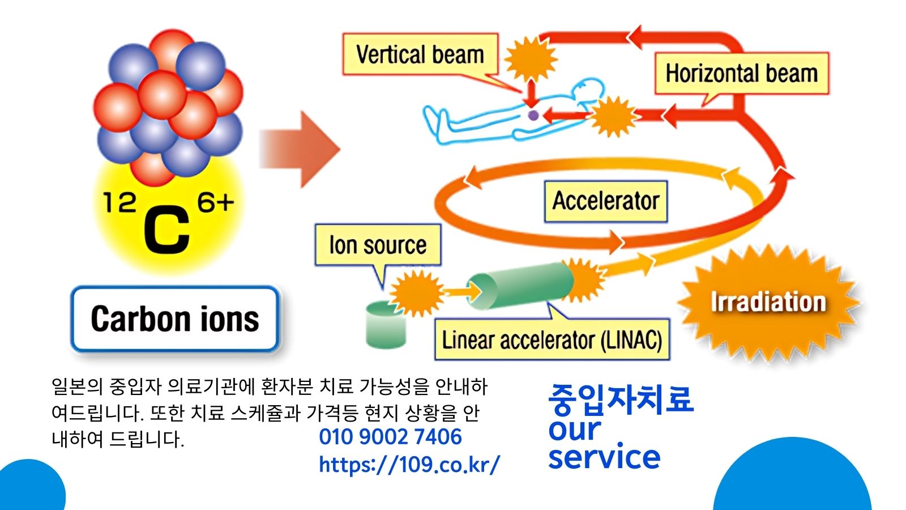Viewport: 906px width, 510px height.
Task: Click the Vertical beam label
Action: (420, 54)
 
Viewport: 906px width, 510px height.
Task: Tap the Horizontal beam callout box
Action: (741, 73)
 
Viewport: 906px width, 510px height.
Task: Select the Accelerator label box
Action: (605, 201)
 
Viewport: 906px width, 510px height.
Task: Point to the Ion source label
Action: (378, 245)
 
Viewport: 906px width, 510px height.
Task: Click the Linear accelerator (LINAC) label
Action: (552, 340)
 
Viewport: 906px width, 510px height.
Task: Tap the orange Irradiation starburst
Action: (768, 302)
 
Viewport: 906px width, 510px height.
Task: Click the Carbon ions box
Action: (175, 318)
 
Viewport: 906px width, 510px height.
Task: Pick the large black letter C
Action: (166, 229)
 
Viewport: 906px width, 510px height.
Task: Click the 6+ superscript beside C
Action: (215, 202)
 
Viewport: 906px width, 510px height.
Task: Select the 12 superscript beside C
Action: (119, 202)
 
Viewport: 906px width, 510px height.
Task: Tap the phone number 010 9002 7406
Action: (390, 437)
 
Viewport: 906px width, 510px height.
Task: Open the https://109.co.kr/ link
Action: (409, 465)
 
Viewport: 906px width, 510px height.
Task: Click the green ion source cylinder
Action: (386, 326)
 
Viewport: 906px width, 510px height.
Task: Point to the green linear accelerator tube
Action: (520, 285)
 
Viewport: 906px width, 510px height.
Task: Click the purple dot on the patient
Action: (533, 116)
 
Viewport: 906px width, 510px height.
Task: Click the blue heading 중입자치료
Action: (621, 399)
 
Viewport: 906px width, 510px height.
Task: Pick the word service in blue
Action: (604, 457)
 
